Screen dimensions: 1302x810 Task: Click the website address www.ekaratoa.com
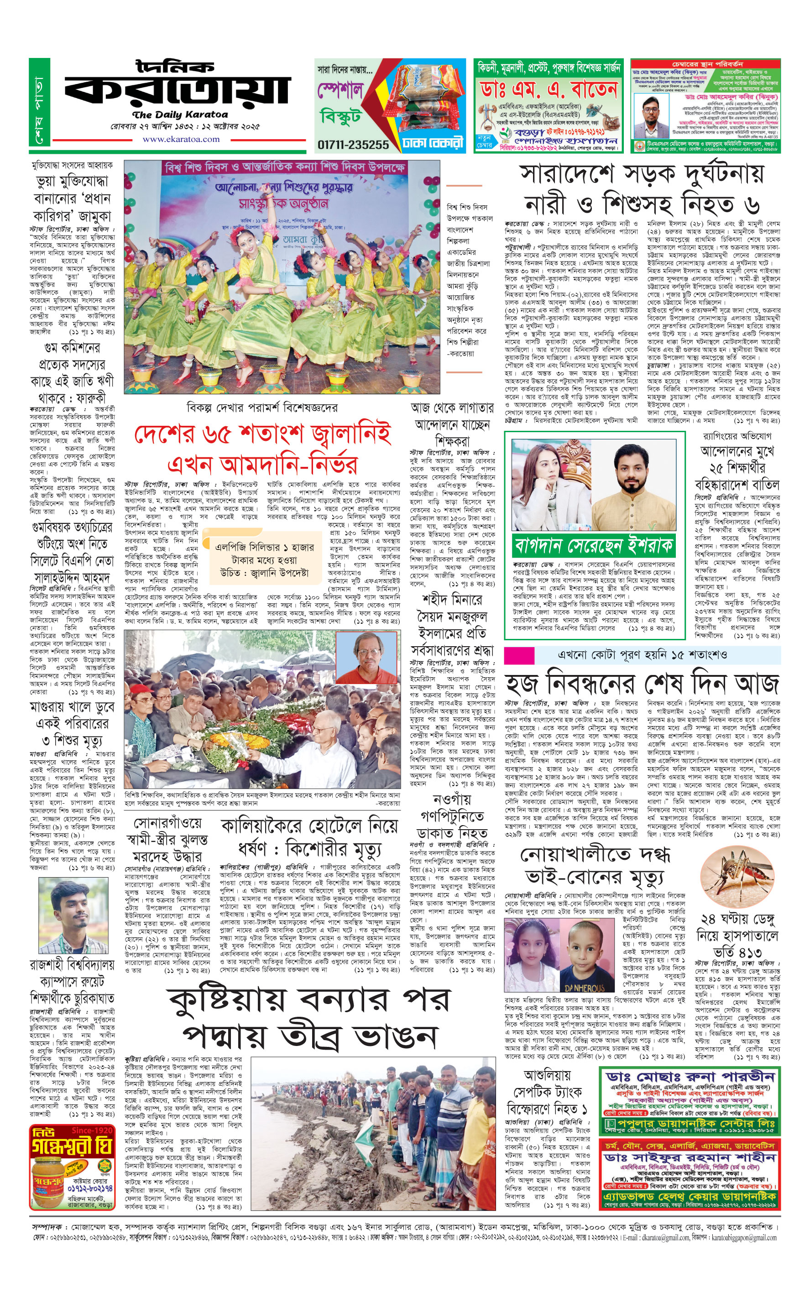tap(181, 139)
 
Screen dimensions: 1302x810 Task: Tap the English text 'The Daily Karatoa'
tap(180, 115)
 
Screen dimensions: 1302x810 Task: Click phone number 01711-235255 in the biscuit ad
tap(353, 144)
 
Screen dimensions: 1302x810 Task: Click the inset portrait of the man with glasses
tap(366, 656)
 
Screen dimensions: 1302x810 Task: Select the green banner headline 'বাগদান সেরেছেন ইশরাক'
tap(594, 545)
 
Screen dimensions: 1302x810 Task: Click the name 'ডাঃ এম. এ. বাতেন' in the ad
tap(549, 89)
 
